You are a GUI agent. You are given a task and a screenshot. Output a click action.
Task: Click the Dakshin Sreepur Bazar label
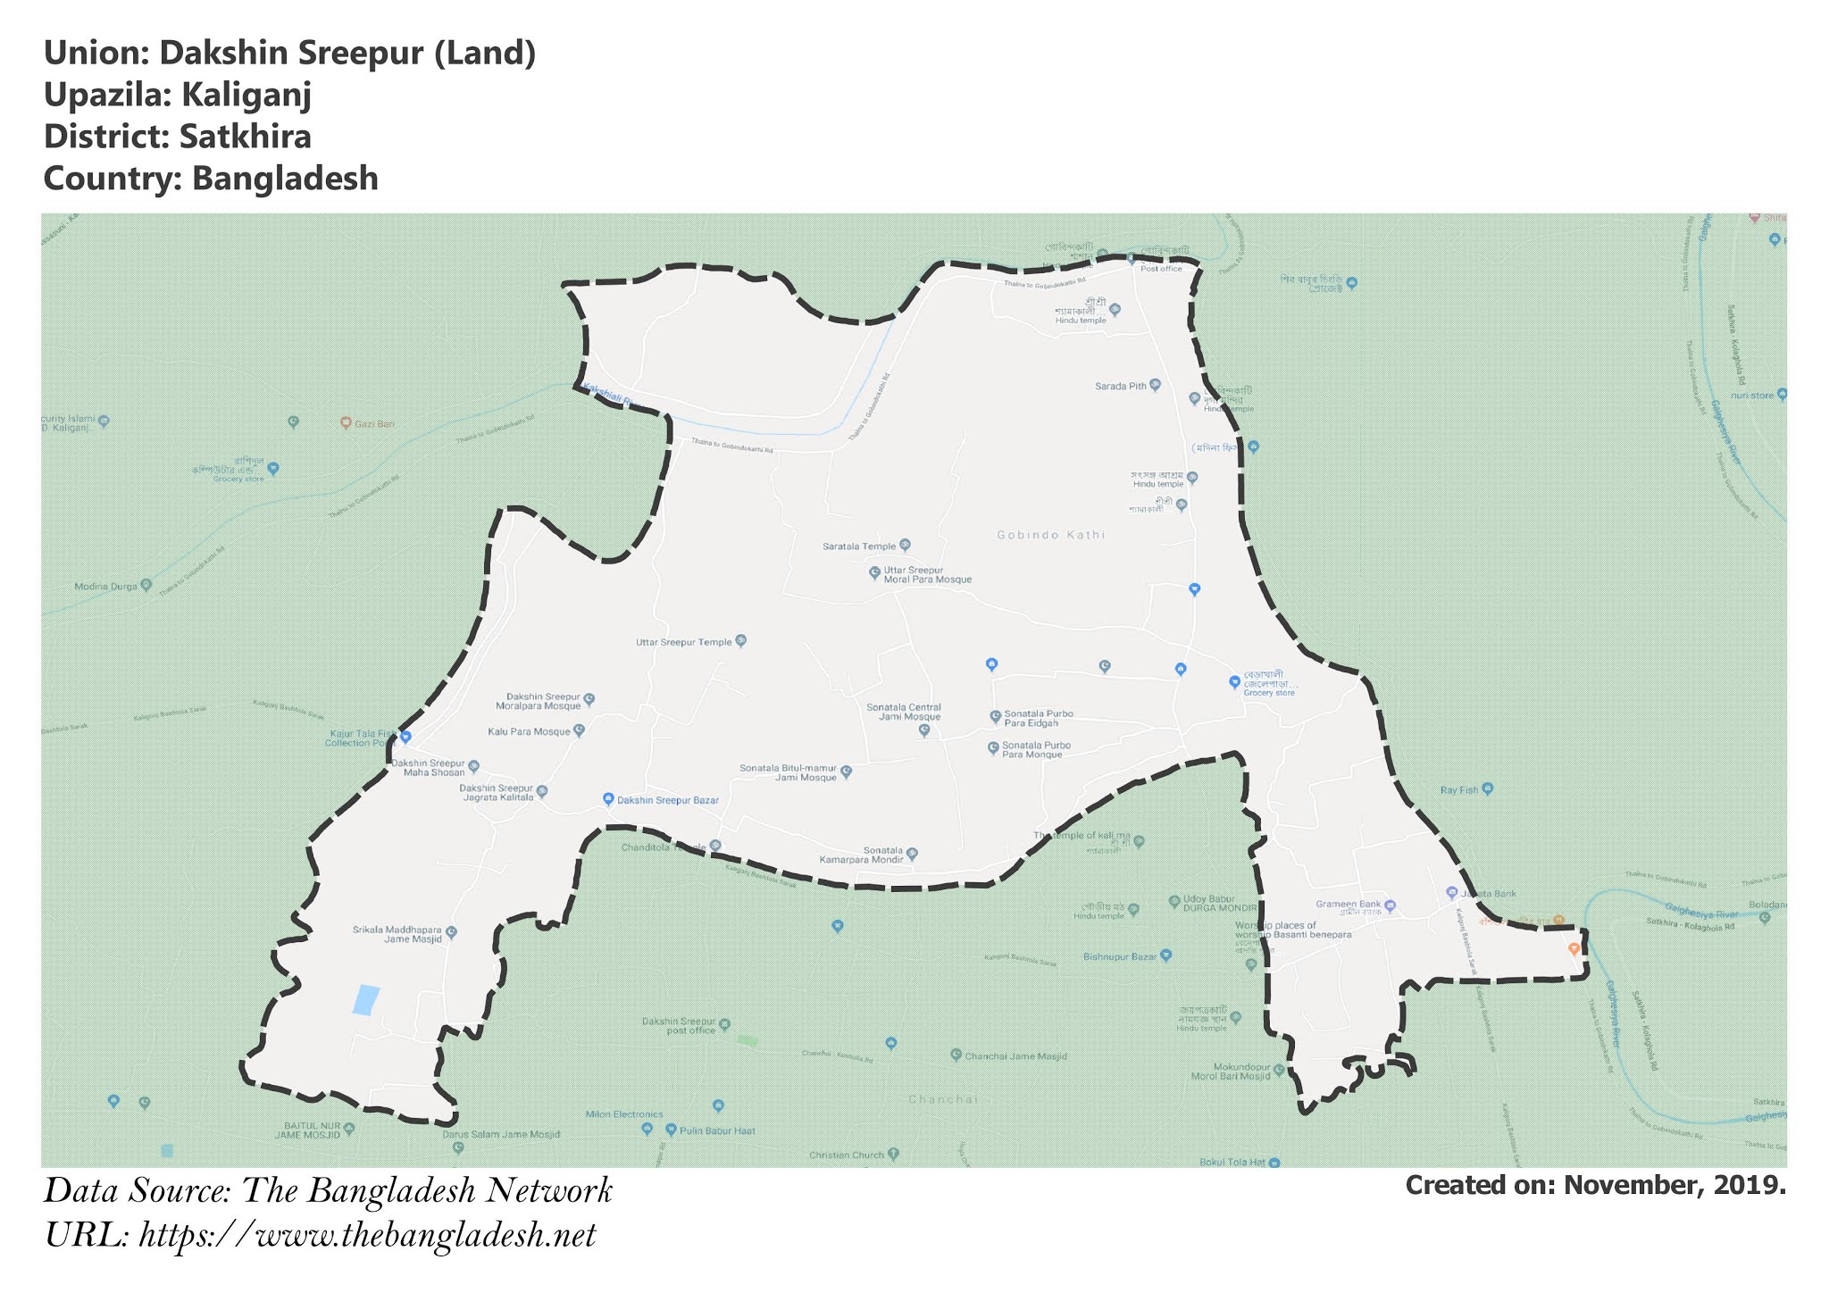pyautogui.click(x=667, y=800)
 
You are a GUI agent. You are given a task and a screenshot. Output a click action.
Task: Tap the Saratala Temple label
pyautogui.click(x=859, y=546)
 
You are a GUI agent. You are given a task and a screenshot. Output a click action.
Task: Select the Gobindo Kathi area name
pyautogui.click(x=1050, y=535)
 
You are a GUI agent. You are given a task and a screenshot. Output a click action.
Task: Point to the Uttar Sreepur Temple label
pyautogui.click(x=684, y=642)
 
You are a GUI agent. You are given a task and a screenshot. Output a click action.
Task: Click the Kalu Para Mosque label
pyautogui.click(x=529, y=732)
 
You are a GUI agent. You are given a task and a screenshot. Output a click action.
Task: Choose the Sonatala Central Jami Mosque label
pyautogui.click(x=904, y=712)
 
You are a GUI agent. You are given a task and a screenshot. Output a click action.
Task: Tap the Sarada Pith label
pyautogui.click(x=1121, y=387)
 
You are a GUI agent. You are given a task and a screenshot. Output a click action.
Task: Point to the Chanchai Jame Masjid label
pyautogui.click(x=1015, y=1056)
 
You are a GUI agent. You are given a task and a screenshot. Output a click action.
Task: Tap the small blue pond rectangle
pyautogui.click(x=365, y=999)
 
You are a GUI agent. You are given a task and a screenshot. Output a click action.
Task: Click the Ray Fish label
pyautogui.click(x=1459, y=790)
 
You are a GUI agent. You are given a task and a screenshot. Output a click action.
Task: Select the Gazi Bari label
pyautogui.click(x=374, y=423)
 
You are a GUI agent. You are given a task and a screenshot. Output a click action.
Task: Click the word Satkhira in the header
pyautogui.click(x=245, y=137)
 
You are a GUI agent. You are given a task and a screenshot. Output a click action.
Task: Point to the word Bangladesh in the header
pyautogui.click(x=285, y=178)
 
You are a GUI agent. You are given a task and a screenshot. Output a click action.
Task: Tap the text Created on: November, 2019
pyautogui.click(x=1595, y=1185)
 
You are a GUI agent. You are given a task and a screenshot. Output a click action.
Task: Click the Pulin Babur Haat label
pyautogui.click(x=717, y=1130)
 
